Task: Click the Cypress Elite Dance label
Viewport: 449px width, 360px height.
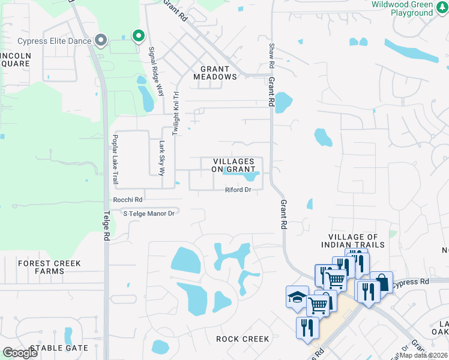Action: tap(54, 41)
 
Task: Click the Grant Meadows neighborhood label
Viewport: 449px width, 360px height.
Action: tap(215, 73)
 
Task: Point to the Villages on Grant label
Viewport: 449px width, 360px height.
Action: tap(237, 165)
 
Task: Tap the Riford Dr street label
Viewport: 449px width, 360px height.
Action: tap(238, 190)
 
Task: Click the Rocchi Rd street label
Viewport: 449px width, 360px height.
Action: tap(128, 200)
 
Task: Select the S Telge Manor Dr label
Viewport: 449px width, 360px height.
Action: tap(148, 213)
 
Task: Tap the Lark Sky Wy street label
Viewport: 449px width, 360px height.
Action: tap(161, 158)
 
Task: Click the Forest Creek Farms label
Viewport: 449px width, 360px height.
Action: tap(41, 267)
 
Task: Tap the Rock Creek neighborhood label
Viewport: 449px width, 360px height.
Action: tap(243, 339)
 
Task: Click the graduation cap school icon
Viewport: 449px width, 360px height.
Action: tap(297, 296)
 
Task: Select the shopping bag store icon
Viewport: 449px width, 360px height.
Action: tap(381, 281)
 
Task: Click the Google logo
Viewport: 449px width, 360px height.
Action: tap(20, 352)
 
